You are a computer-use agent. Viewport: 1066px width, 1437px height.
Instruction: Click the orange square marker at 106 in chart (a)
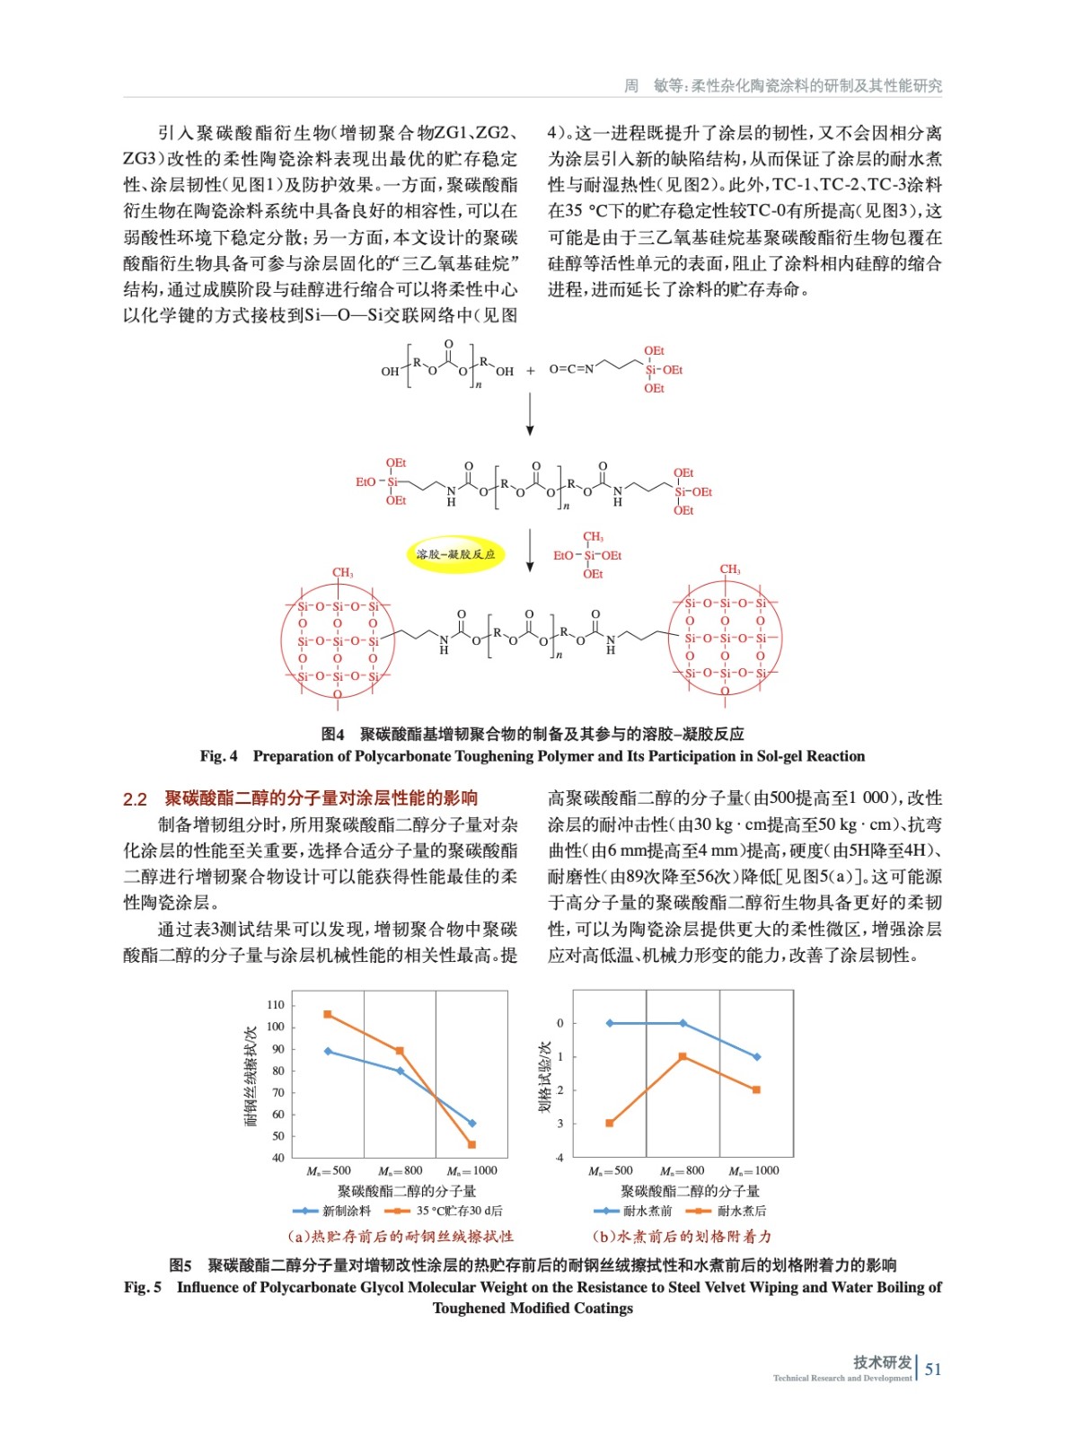click(328, 1014)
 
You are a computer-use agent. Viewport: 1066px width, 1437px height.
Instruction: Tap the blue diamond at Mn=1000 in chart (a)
click(472, 1123)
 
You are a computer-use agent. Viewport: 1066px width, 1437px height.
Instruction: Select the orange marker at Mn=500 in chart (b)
click(610, 1123)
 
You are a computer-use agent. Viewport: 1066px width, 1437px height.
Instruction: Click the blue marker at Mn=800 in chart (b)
click(683, 1023)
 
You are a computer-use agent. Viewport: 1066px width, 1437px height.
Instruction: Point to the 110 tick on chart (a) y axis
click(275, 1005)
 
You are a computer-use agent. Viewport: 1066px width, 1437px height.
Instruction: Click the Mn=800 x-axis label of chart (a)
click(400, 1170)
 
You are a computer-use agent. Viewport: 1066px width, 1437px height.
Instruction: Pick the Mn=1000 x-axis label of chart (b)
click(753, 1170)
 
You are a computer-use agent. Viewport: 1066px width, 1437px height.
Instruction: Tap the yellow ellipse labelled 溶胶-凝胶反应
click(455, 554)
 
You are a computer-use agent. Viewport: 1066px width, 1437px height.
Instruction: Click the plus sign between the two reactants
click(530, 370)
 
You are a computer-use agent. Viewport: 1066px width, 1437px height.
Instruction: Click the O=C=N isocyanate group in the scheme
click(571, 369)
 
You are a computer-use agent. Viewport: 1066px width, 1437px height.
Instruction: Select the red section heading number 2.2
click(135, 798)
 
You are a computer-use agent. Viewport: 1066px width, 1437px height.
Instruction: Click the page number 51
click(933, 1369)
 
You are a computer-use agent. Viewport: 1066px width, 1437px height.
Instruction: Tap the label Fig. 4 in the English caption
click(218, 756)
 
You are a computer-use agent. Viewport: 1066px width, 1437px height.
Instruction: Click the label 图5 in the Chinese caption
click(181, 1265)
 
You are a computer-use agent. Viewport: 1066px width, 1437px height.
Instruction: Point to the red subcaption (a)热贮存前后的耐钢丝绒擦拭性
click(401, 1237)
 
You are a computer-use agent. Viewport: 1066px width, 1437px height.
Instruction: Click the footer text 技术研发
click(882, 1362)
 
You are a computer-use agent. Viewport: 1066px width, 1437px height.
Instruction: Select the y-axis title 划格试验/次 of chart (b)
click(543, 1076)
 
